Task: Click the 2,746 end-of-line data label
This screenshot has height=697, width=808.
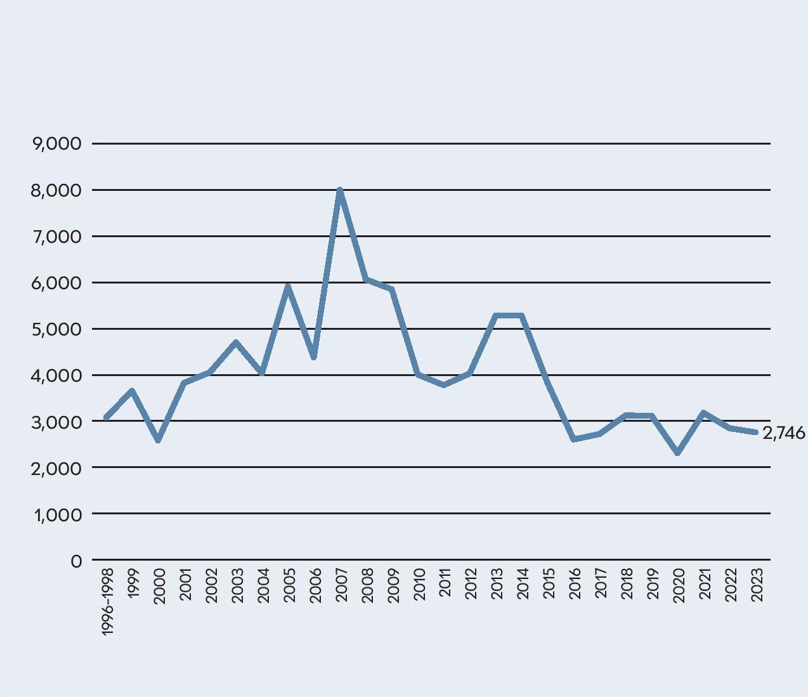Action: [783, 433]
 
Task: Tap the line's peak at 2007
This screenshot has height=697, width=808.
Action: [340, 191]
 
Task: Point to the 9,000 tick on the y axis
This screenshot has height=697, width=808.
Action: [57, 144]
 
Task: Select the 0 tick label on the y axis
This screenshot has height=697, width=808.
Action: [76, 561]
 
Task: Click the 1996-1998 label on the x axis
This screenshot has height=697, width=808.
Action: [107, 601]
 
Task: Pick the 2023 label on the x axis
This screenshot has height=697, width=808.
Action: [757, 585]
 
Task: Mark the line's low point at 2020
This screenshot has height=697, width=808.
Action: [678, 452]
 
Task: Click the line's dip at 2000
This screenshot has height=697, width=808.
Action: [158, 440]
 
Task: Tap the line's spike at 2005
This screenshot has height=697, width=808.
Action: [288, 287]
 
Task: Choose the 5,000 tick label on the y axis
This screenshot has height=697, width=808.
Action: [57, 329]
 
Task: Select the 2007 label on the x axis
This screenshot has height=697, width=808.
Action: [341, 585]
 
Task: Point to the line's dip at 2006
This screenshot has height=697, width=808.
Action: [314, 357]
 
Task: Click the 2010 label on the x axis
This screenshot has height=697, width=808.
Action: [419, 585]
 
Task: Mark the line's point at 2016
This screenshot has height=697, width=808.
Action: [574, 439]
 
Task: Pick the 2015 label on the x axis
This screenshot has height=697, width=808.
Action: [549, 585]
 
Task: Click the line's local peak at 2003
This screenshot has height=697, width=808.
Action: [236, 343]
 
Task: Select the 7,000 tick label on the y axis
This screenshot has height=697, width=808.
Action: [57, 237]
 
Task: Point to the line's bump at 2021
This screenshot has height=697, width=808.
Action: [704, 414]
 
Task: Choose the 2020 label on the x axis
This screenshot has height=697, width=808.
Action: [679, 585]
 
